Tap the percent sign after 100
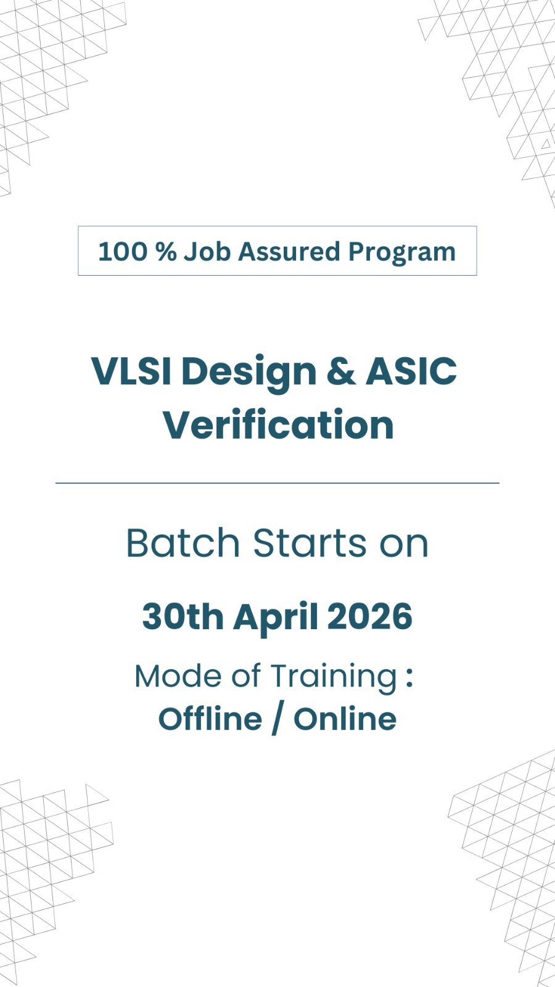[166, 252]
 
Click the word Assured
[289, 252]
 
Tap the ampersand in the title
[341, 371]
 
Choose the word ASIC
[411, 371]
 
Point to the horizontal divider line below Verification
[277, 483]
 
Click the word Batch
[183, 542]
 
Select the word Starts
[310, 542]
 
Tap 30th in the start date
[183, 616]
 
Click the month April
[276, 617]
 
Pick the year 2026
[370, 616]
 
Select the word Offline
[210, 719]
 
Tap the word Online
[345, 719]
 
